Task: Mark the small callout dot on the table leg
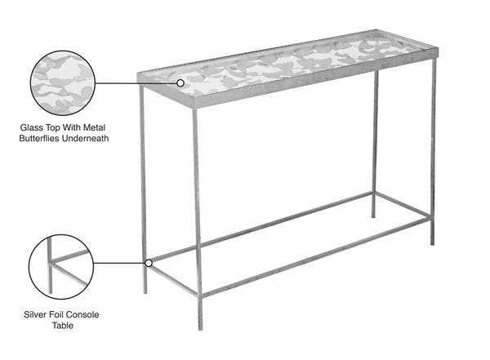click(x=148, y=263)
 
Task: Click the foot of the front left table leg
click(x=145, y=292)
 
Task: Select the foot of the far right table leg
click(x=433, y=243)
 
